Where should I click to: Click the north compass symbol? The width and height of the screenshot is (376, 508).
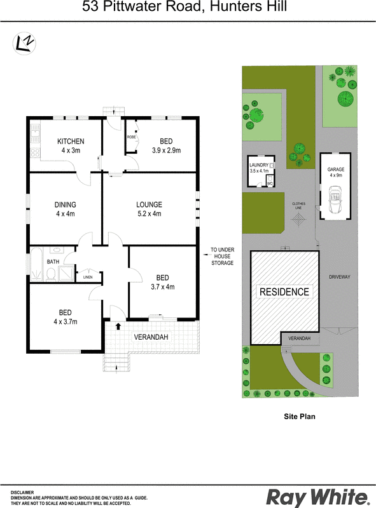click(24, 43)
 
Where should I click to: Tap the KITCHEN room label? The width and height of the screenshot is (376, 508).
click(71, 141)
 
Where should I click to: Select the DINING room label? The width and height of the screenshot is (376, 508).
click(66, 204)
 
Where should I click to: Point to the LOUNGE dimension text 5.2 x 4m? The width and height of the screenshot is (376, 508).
click(149, 213)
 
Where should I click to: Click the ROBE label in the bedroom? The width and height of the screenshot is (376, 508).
click(132, 137)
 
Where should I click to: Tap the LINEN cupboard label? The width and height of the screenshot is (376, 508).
click(88, 277)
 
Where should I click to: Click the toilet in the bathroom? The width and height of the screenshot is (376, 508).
click(51, 274)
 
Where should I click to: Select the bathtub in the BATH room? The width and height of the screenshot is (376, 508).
click(36, 264)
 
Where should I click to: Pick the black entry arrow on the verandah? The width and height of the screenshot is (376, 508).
click(118, 326)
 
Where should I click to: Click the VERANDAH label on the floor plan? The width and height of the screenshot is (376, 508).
click(151, 337)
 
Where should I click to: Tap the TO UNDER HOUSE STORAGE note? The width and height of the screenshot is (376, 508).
click(223, 257)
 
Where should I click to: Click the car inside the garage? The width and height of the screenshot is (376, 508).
click(335, 200)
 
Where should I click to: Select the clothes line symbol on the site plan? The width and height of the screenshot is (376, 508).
click(298, 220)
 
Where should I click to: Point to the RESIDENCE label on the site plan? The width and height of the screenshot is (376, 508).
click(284, 291)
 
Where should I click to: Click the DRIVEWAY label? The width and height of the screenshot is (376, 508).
click(340, 277)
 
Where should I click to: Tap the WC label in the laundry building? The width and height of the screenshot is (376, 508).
click(270, 184)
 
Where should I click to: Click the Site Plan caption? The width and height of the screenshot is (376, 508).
click(300, 417)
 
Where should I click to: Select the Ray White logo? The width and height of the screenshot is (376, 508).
click(318, 497)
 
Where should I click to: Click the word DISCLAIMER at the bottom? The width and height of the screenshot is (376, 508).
click(22, 493)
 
